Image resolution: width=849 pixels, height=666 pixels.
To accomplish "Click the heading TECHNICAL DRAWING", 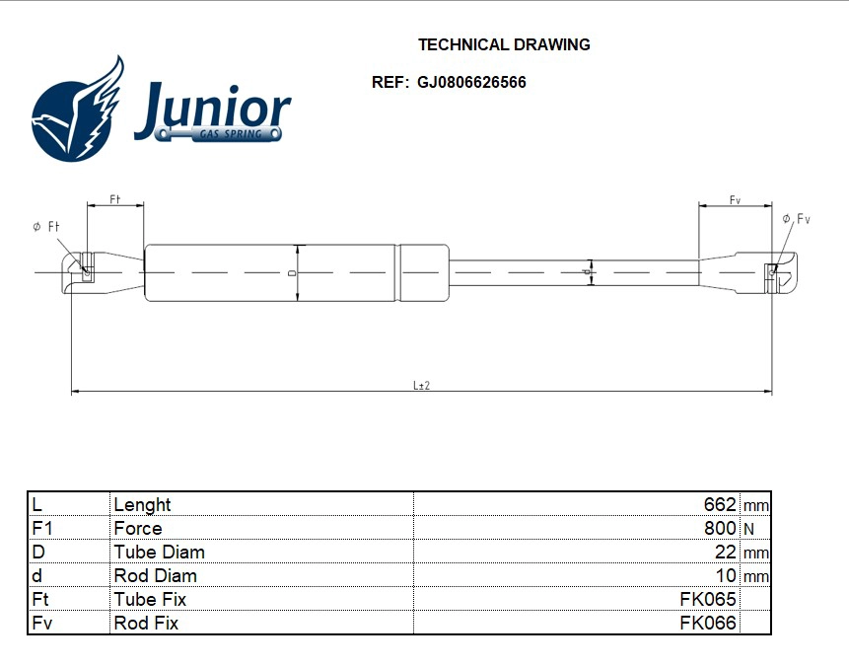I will (504, 44).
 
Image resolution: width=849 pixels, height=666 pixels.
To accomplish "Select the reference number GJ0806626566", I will (471, 82).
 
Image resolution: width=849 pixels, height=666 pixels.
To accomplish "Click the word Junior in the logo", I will (213, 107).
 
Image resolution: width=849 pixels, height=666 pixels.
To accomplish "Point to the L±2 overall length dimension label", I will (421, 386).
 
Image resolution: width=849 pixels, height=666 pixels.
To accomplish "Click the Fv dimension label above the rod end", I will (735, 200).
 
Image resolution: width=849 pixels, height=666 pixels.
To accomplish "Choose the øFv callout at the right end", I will (796, 219).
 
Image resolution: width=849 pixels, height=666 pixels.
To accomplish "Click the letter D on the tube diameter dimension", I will (293, 272).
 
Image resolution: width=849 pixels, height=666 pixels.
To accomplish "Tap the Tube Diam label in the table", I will (159, 552).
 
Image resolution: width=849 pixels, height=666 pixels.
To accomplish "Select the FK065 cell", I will (707, 599).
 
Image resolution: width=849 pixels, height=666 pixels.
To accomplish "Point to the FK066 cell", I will (707, 623).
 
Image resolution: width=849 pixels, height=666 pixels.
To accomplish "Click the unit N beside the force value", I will (748, 529).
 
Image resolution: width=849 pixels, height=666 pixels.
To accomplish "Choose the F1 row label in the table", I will (41, 528).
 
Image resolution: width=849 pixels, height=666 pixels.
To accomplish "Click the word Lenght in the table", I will (142, 504).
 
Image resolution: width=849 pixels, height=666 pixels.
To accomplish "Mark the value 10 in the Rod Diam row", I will (725, 575).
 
